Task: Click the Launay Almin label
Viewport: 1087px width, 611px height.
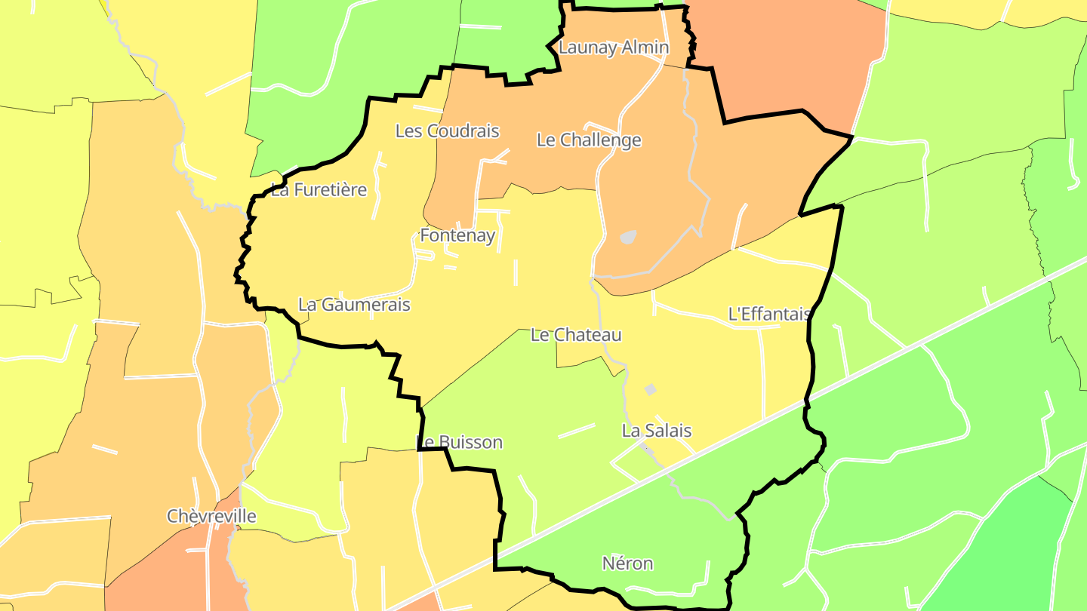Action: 613,48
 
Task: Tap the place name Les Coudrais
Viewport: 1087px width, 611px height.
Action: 447,131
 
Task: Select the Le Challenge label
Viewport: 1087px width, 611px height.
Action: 589,140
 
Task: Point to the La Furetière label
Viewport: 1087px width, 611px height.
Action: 319,190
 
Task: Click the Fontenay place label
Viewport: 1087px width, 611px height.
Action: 457,235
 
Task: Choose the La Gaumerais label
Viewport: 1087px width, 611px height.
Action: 354,305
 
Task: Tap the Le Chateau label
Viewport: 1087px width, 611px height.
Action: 576,335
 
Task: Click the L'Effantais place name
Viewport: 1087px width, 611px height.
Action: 768,314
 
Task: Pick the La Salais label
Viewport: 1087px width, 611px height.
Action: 657,431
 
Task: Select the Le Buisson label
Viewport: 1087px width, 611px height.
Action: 459,442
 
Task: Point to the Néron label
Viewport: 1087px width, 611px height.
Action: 627,563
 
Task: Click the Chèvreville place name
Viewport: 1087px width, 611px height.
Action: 211,517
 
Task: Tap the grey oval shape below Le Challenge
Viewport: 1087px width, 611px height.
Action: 628,237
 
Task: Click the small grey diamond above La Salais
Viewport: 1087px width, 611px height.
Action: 650,389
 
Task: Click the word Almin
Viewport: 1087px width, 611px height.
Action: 644,48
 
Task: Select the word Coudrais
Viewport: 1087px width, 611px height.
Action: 463,131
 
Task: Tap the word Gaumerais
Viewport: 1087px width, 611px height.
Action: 365,305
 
